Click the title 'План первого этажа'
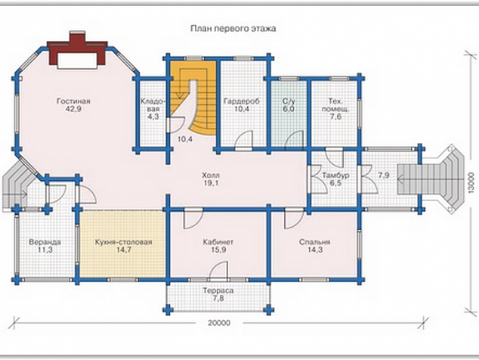(x=233, y=29)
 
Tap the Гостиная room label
(x=73, y=101)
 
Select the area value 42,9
(x=73, y=109)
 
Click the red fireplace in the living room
(x=77, y=51)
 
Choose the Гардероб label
(x=242, y=101)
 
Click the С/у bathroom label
(x=289, y=101)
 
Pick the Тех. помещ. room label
(x=335, y=105)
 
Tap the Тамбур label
(x=335, y=175)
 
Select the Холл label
(x=211, y=175)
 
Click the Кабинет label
(x=218, y=242)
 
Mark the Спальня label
(x=314, y=242)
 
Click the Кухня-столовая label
(x=123, y=242)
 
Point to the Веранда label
(x=45, y=242)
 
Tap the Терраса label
(x=218, y=290)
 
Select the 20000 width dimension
(x=219, y=323)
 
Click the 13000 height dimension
(x=472, y=182)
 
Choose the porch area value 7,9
(x=383, y=175)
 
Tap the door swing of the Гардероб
(x=244, y=139)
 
